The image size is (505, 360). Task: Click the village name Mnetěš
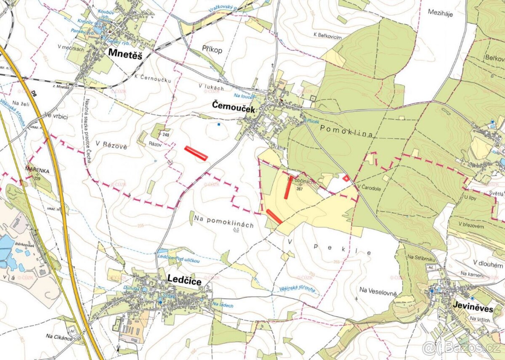tap(125, 53)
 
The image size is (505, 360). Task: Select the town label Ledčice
tap(184, 279)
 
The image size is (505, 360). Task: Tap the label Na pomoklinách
tap(224, 225)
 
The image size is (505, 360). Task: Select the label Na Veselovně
tap(378, 290)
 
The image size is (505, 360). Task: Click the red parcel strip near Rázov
tap(196, 153)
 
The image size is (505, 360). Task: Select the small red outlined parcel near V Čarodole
tap(346, 178)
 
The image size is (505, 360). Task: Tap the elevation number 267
tap(300, 189)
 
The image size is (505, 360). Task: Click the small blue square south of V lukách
tap(218, 124)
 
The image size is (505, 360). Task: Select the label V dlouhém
tap(488, 265)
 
